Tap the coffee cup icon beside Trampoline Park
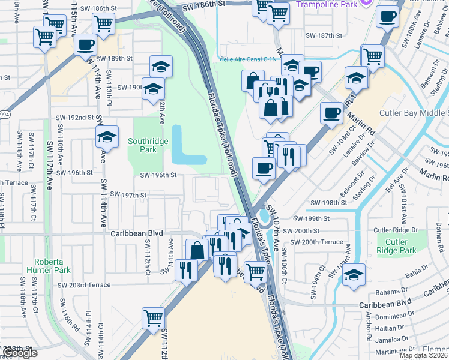click(388, 16)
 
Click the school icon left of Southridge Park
click(107, 137)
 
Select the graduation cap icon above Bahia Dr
click(354, 275)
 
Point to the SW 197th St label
click(126, 196)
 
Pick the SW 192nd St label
click(74, 118)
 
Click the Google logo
click(19, 353)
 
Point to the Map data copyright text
click(423, 355)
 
